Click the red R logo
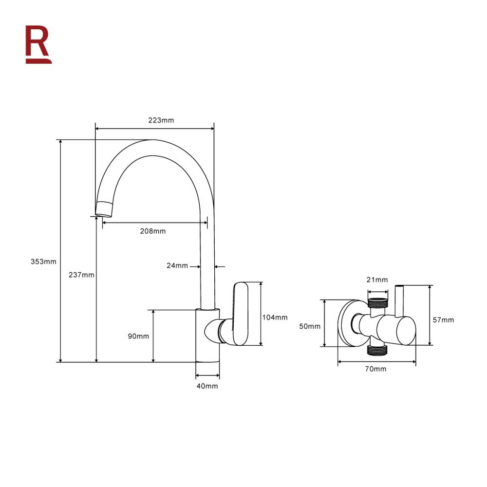click(x=38, y=44)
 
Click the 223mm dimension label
click(x=161, y=120)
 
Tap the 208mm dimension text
click(x=153, y=231)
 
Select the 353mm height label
click(x=43, y=262)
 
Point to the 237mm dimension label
click(x=81, y=275)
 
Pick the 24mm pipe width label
click(x=177, y=265)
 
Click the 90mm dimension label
click(x=138, y=336)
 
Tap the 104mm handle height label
click(x=275, y=318)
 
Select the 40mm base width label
click(x=207, y=386)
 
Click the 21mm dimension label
click(x=377, y=280)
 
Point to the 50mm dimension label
click(x=310, y=326)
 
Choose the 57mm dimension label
click(x=443, y=320)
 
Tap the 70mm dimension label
click(x=375, y=369)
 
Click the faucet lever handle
click(x=241, y=314)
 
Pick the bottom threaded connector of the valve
click(x=377, y=350)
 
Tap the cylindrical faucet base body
click(x=207, y=336)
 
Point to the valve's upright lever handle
click(x=399, y=300)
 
